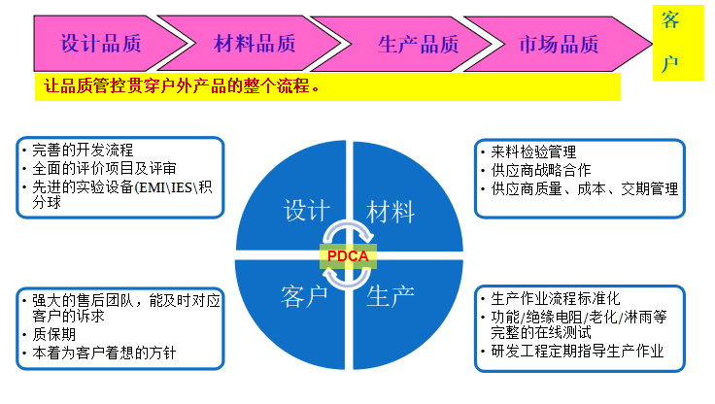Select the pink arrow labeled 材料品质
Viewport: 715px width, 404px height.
click(x=255, y=44)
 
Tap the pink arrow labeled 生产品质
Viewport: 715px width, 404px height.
click(x=410, y=45)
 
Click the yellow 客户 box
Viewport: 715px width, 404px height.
click(x=678, y=43)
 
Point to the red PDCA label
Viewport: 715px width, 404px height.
click(x=348, y=256)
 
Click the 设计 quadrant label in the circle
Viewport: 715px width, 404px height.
click(x=307, y=211)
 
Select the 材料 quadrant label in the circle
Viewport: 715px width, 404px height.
click(x=391, y=212)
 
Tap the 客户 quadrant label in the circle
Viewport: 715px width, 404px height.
click(x=304, y=296)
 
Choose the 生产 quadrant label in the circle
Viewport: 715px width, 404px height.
click(x=391, y=296)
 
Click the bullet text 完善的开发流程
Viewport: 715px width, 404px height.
click(x=83, y=150)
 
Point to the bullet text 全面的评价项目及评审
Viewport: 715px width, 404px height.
click(x=104, y=168)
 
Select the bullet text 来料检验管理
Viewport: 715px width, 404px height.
click(x=533, y=151)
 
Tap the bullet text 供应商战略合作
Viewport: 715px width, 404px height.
click(x=541, y=170)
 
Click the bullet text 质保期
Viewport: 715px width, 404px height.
click(x=53, y=334)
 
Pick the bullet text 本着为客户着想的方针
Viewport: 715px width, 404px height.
click(x=104, y=353)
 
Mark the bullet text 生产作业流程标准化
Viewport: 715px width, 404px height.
click(x=556, y=299)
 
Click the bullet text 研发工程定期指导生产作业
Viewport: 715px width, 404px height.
click(x=577, y=351)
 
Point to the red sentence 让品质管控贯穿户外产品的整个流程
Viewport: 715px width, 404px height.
click(x=182, y=85)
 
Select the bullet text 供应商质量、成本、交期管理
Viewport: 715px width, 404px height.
click(x=585, y=188)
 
